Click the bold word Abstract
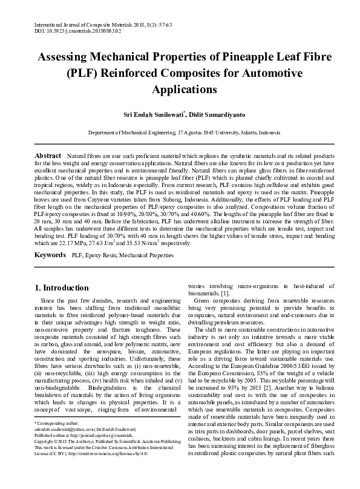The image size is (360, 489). tap(48, 156)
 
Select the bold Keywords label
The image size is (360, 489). tap(51, 256)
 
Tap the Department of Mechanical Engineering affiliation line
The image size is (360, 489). tap(180, 131)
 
